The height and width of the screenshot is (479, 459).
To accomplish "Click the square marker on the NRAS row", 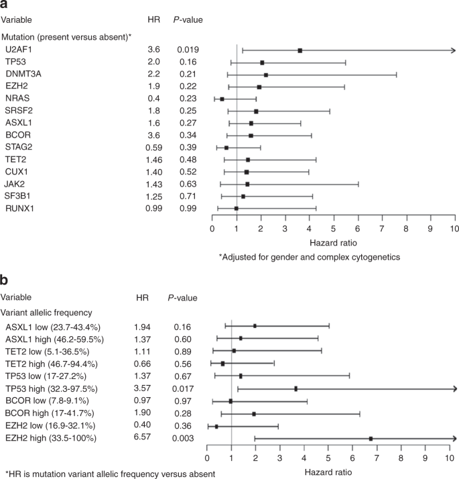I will pyautogui.click(x=222, y=99).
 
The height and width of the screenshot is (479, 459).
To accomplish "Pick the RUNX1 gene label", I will pyautogui.click(x=19, y=208).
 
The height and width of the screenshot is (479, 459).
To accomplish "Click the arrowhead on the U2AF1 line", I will pyautogui.click(x=453, y=50).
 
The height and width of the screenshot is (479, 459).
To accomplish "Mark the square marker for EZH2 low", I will pyautogui.click(x=216, y=426).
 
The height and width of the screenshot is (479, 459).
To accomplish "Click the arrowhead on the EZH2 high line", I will pyautogui.click(x=454, y=438).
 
